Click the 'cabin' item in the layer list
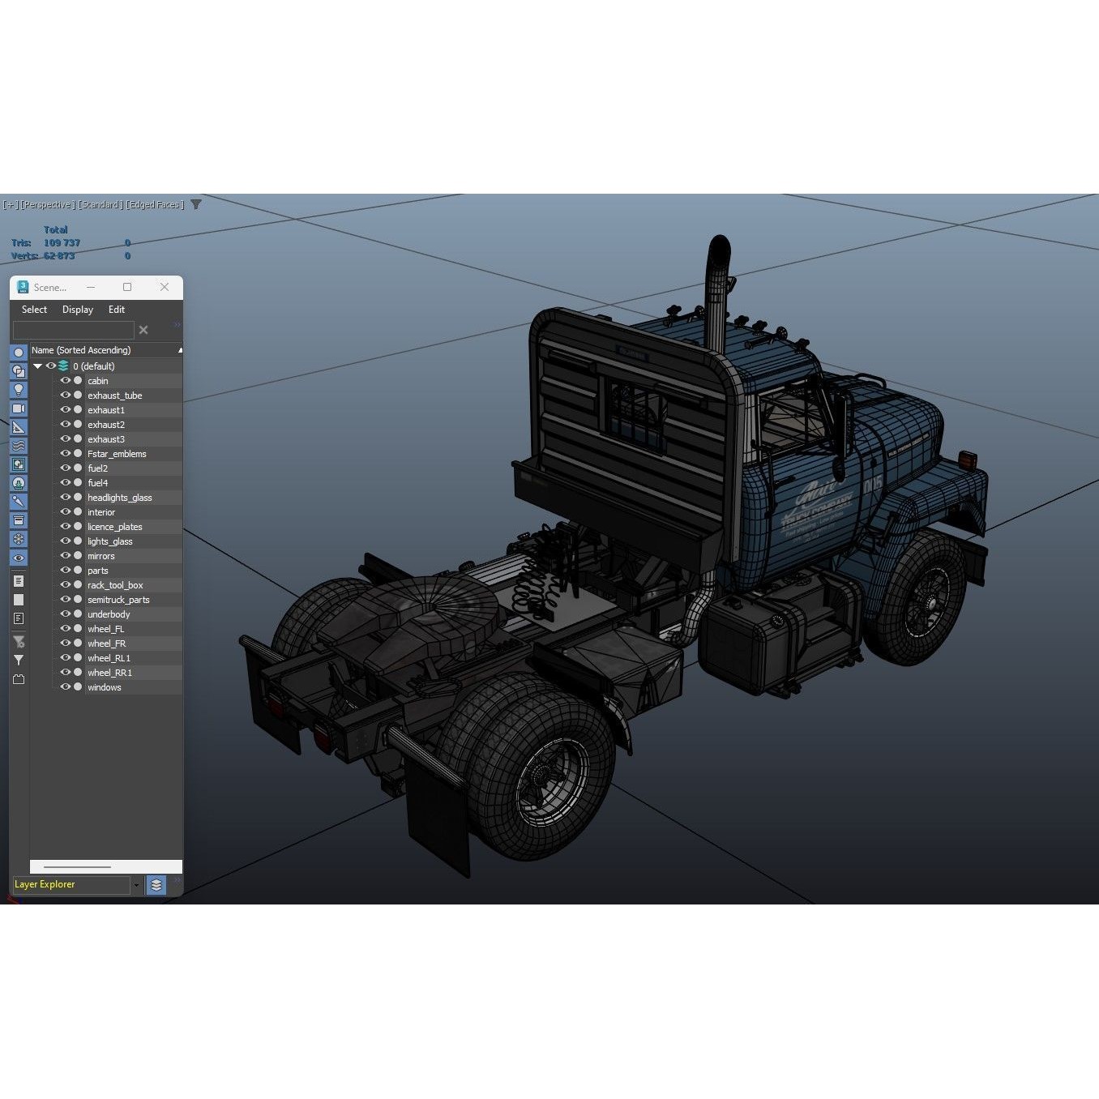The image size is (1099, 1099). (98, 381)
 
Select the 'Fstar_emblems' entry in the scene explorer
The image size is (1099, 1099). (117, 454)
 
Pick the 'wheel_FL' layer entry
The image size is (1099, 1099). (105, 629)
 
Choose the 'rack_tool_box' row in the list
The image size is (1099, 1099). (115, 585)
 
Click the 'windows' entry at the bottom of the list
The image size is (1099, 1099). (104, 687)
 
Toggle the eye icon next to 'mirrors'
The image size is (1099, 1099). (66, 556)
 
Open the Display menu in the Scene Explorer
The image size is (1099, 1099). (78, 310)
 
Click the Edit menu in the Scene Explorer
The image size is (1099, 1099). (117, 310)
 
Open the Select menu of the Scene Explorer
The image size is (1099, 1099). (34, 310)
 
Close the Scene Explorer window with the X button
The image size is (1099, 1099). (165, 287)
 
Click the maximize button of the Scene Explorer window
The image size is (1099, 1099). (127, 287)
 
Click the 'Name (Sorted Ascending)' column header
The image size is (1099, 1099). (81, 350)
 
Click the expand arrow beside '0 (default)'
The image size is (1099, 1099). (37, 366)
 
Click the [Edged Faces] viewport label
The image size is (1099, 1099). (155, 205)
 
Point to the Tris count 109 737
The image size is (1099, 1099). (62, 243)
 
